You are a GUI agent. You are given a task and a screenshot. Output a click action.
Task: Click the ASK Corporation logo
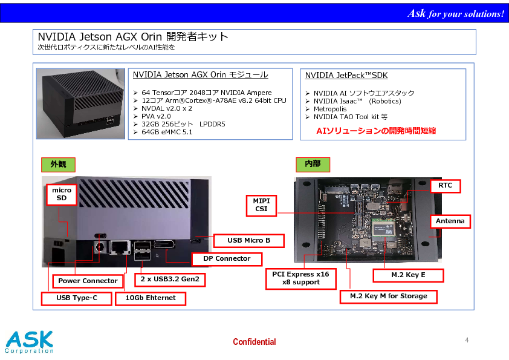(29, 342)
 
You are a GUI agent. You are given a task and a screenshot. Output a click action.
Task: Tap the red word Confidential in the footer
(254, 342)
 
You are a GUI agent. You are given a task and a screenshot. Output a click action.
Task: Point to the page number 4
(467, 340)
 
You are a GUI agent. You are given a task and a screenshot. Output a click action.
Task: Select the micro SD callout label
(62, 194)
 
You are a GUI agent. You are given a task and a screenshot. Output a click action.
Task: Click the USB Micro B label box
(248, 240)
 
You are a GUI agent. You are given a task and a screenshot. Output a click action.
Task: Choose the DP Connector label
(227, 259)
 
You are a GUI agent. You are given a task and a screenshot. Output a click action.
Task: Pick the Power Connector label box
(88, 281)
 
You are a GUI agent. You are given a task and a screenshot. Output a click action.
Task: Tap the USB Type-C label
(77, 298)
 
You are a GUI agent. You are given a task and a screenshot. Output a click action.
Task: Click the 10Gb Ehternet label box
(151, 298)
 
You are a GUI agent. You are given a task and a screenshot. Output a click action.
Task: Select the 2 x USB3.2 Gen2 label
(170, 280)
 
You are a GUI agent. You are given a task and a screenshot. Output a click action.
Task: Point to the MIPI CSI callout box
(261, 205)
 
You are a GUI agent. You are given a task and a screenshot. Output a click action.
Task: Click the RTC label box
(445, 186)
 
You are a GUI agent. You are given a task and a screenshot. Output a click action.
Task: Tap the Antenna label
(450, 221)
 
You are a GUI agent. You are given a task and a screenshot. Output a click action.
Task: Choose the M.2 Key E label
(408, 275)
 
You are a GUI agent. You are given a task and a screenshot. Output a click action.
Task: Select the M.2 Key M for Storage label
(389, 296)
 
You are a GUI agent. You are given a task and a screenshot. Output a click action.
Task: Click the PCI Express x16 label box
(300, 278)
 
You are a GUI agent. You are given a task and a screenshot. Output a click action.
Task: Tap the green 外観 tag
(58, 165)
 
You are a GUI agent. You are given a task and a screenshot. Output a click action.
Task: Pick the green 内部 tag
(313, 164)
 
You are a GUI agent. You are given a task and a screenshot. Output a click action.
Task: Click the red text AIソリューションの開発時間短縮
(376, 131)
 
